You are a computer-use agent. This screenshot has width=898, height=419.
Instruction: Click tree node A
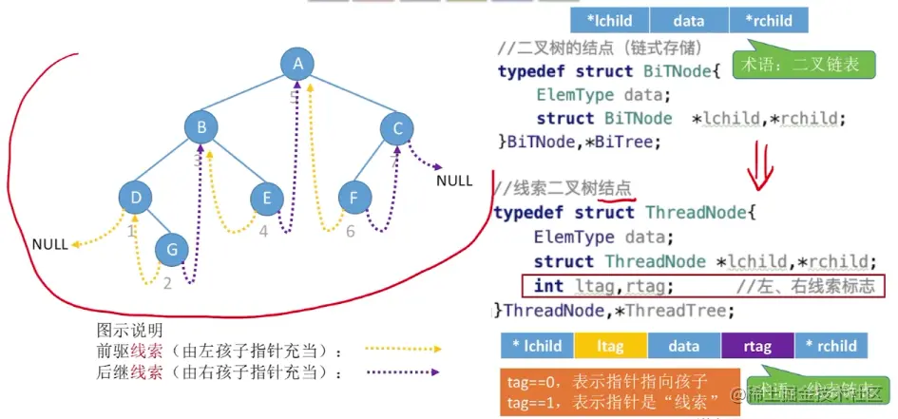click(297, 65)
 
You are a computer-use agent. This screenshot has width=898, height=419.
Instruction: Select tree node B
click(201, 128)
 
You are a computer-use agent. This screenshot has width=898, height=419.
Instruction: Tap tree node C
click(397, 128)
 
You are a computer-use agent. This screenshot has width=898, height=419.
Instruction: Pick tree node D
click(136, 198)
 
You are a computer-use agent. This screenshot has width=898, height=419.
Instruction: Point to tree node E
click(267, 198)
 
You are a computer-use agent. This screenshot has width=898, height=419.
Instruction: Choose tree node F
click(354, 198)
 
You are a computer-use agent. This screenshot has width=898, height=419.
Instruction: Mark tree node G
click(170, 250)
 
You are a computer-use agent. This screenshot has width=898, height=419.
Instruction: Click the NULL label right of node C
click(453, 181)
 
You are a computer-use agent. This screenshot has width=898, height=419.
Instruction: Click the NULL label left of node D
click(49, 244)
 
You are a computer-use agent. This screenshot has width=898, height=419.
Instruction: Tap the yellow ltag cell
click(609, 347)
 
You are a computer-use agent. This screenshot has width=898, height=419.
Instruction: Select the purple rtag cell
click(757, 347)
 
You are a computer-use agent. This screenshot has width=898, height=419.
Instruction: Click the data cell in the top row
click(689, 20)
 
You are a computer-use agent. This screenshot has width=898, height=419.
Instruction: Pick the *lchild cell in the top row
click(610, 20)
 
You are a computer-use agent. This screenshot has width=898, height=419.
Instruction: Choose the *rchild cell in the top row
click(768, 20)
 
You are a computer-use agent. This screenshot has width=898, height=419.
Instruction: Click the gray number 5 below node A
click(294, 95)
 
